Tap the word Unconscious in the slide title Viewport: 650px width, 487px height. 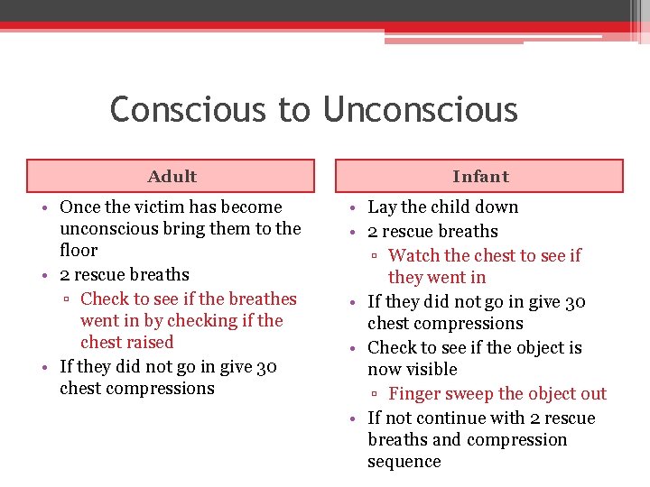click(x=419, y=110)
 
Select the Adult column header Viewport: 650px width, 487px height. click(x=172, y=177)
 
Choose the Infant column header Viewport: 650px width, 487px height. click(x=480, y=177)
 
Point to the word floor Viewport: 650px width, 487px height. click(x=79, y=250)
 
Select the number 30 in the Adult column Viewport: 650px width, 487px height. click(x=266, y=367)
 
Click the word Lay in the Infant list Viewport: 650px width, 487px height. click(x=382, y=207)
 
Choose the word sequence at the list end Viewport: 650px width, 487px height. click(x=404, y=462)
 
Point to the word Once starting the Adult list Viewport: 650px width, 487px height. click(x=80, y=207)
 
